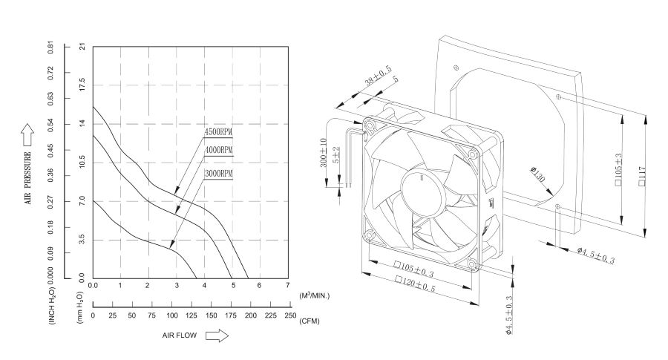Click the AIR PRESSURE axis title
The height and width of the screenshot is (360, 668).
29,178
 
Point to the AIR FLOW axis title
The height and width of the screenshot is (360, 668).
180,336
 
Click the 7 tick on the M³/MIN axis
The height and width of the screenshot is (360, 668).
287,286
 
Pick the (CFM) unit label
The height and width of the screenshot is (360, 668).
310,321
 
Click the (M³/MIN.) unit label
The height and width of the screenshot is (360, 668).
314,295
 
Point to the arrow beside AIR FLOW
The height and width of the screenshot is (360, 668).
217,336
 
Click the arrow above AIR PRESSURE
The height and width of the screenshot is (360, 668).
28,134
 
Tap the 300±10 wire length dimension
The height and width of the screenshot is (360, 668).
324,153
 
